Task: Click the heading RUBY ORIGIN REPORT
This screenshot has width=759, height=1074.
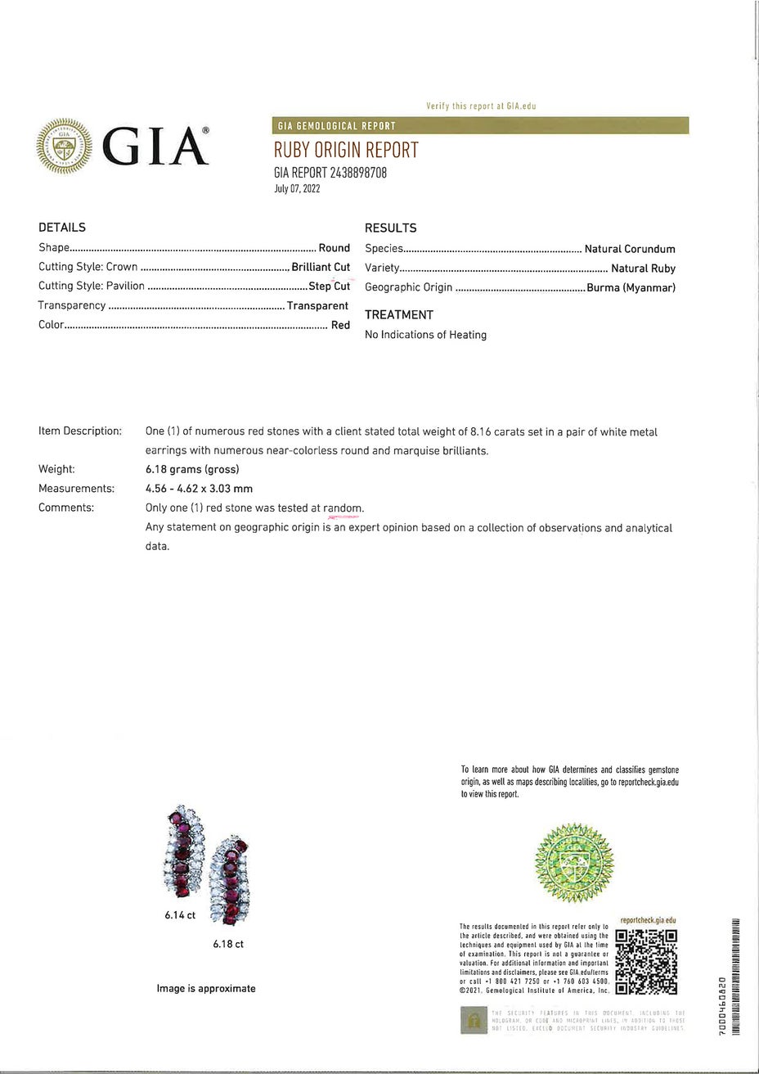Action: tap(346, 150)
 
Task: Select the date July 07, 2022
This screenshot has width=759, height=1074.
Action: tap(297, 189)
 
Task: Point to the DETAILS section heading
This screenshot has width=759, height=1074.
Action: tap(62, 228)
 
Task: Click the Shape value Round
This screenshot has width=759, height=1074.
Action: tap(334, 248)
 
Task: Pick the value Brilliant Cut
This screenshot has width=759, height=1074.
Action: tap(321, 267)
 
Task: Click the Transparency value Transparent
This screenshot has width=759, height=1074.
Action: tap(317, 305)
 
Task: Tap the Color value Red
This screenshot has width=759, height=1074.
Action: tap(340, 325)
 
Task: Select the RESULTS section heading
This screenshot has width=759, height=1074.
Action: tap(390, 228)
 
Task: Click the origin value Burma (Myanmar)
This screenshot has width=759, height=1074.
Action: tap(631, 287)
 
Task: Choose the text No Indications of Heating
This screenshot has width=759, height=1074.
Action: tap(425, 335)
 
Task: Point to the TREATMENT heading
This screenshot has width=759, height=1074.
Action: tap(399, 315)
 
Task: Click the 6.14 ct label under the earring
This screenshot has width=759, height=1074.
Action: tap(180, 915)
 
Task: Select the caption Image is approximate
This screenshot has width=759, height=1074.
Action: tap(206, 989)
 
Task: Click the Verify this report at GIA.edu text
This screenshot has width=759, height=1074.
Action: tap(481, 106)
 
